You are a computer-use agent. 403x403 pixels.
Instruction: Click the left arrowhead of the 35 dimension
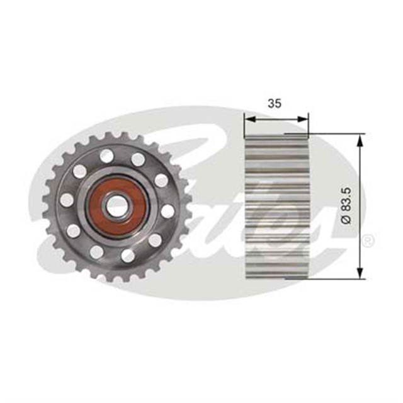click(x=247, y=117)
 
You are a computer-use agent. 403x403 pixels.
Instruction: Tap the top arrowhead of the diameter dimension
click(x=360, y=139)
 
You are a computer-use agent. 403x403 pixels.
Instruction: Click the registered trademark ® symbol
click(x=369, y=240)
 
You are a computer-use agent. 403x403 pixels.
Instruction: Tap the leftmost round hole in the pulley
click(x=67, y=200)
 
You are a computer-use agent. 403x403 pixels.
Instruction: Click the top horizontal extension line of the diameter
click(x=334, y=133)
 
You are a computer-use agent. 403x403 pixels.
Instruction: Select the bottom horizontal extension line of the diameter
click(x=334, y=278)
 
